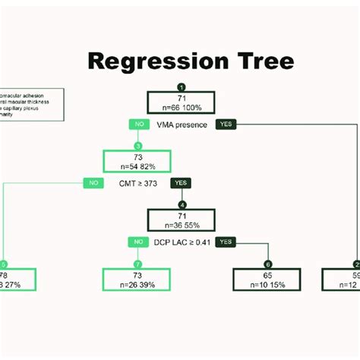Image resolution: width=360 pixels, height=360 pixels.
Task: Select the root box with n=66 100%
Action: (181, 103)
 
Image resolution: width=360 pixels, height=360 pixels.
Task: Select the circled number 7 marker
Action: (137, 264)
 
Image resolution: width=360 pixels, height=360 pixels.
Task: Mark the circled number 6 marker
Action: (267, 264)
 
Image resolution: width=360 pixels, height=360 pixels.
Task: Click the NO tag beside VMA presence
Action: (138, 124)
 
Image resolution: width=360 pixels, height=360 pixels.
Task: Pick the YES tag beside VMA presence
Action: (226, 124)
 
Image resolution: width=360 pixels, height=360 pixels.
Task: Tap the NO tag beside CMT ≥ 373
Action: (94, 183)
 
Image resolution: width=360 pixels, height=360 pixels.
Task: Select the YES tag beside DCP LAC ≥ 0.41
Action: (225, 242)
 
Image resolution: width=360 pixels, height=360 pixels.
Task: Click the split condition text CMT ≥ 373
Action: (137, 183)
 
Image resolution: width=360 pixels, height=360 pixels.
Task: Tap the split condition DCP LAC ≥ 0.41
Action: (181, 242)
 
